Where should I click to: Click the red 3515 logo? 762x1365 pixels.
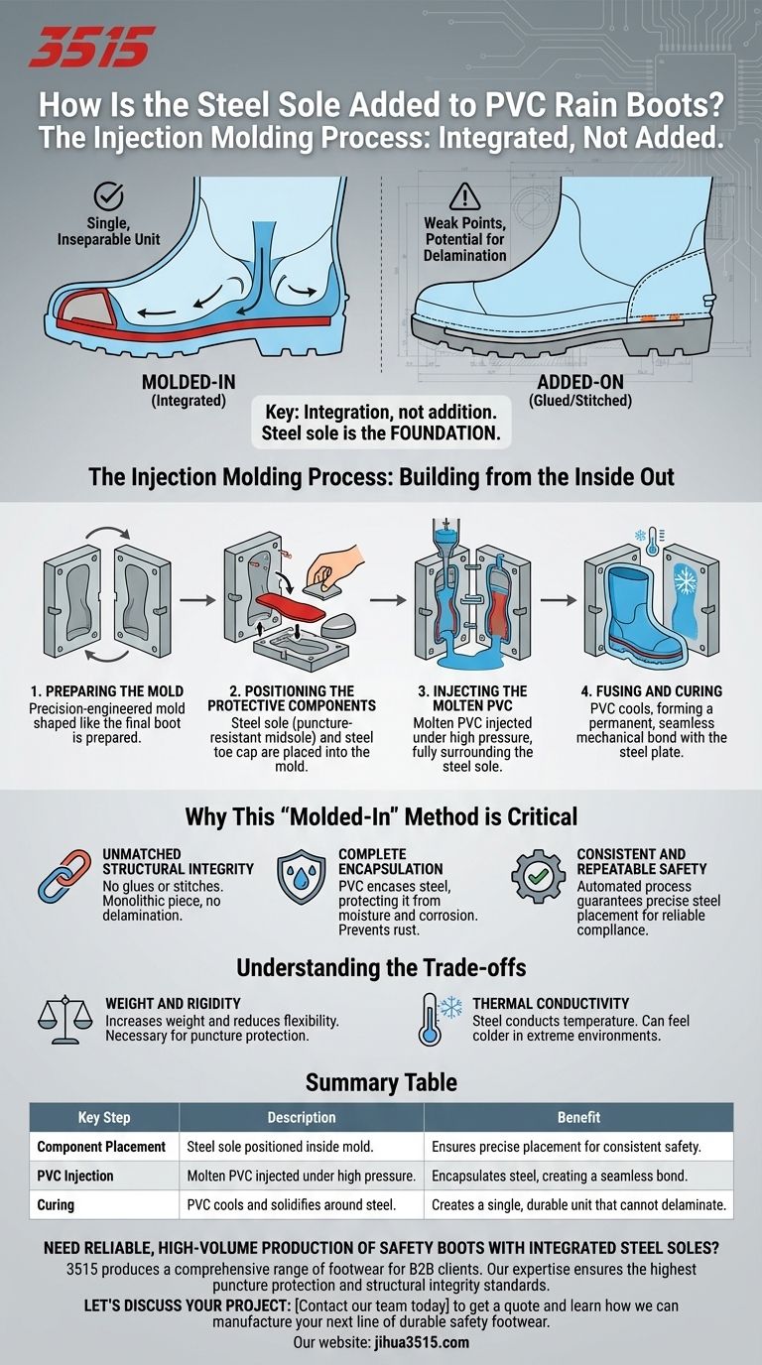pyautogui.click(x=91, y=47)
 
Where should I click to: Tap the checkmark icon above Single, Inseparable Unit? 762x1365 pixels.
pyautogui.click(x=108, y=196)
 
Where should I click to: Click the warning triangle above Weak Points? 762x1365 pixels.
pyautogui.click(x=464, y=196)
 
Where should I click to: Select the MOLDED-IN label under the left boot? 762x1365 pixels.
pyautogui.click(x=189, y=382)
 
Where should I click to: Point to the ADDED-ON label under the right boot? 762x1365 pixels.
pyautogui.click(x=580, y=382)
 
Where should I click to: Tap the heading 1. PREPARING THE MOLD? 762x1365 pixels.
pyautogui.click(x=107, y=691)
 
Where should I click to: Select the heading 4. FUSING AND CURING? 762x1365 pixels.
pyautogui.click(x=652, y=691)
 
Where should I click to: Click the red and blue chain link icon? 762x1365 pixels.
pyautogui.click(x=64, y=876)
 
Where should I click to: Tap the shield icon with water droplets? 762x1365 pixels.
pyautogui.click(x=302, y=876)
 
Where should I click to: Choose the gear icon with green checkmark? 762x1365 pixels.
pyautogui.click(x=538, y=876)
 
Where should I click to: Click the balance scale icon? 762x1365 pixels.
pyautogui.click(x=65, y=1020)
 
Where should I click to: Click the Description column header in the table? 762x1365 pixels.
pyautogui.click(x=302, y=1117)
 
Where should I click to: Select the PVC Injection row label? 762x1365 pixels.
pyautogui.click(x=75, y=1176)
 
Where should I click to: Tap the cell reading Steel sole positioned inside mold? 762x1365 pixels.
pyautogui.click(x=280, y=1146)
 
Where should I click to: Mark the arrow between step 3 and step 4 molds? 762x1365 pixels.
pyautogui.click(x=558, y=600)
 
